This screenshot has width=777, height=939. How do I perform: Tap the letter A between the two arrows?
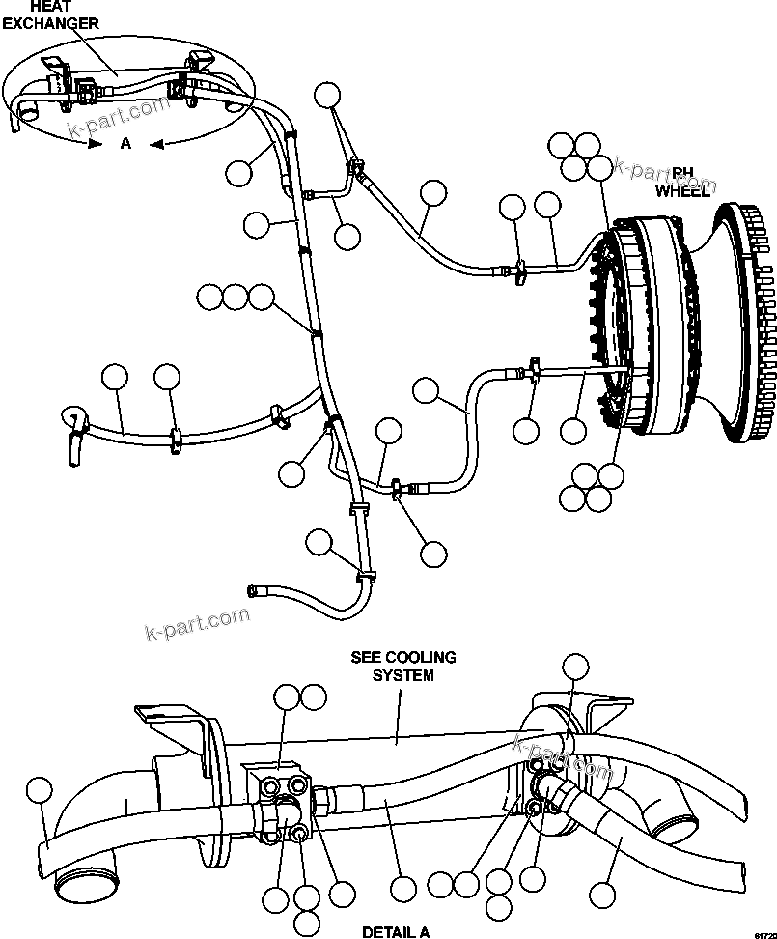[125, 144]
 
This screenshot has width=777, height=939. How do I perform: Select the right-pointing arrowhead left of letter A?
[93, 144]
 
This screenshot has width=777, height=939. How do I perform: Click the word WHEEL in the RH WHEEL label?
[682, 190]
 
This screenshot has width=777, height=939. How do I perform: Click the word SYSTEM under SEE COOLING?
[403, 675]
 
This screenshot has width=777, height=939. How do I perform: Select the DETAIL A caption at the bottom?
[395, 932]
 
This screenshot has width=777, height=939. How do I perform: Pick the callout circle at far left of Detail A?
[38, 790]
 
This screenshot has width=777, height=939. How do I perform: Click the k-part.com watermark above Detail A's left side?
[197, 623]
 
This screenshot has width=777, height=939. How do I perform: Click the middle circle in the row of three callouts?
[235, 297]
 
